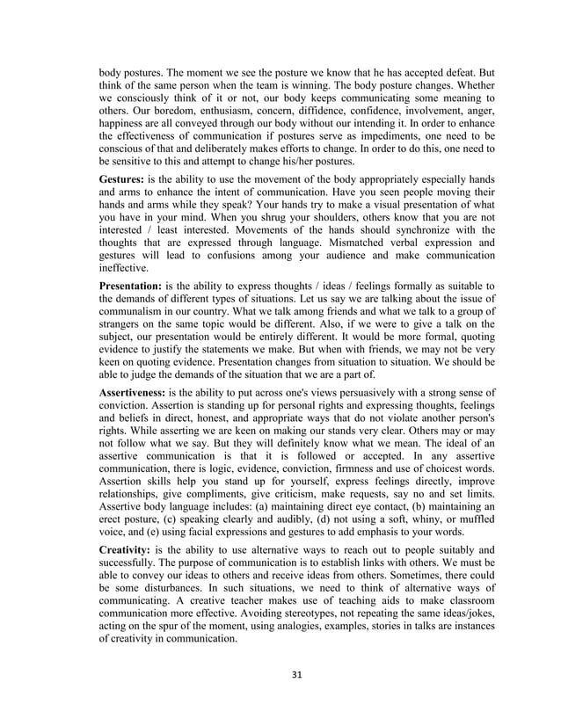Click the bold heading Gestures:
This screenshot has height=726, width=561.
click(x=127, y=178)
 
